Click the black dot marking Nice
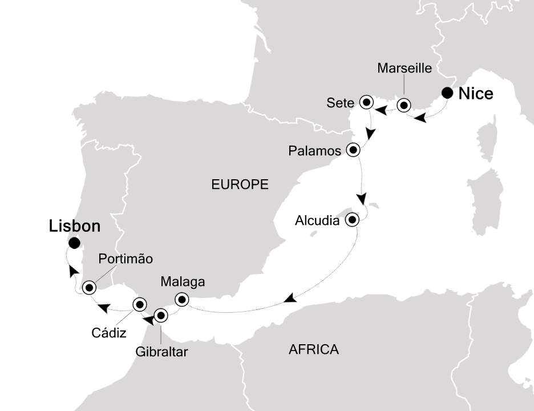[x=448, y=93]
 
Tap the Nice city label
[x=476, y=94]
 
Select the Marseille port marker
[x=404, y=106]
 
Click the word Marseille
[x=405, y=68]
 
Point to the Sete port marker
[x=366, y=103]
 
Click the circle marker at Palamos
[x=353, y=151]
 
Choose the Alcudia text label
[x=318, y=220]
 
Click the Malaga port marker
[x=181, y=299]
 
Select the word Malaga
[x=182, y=281]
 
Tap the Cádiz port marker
[x=139, y=304]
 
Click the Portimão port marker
[x=89, y=288]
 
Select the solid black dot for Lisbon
[x=74, y=244]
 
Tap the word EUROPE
[x=240, y=184]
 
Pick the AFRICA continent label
[x=313, y=349]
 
